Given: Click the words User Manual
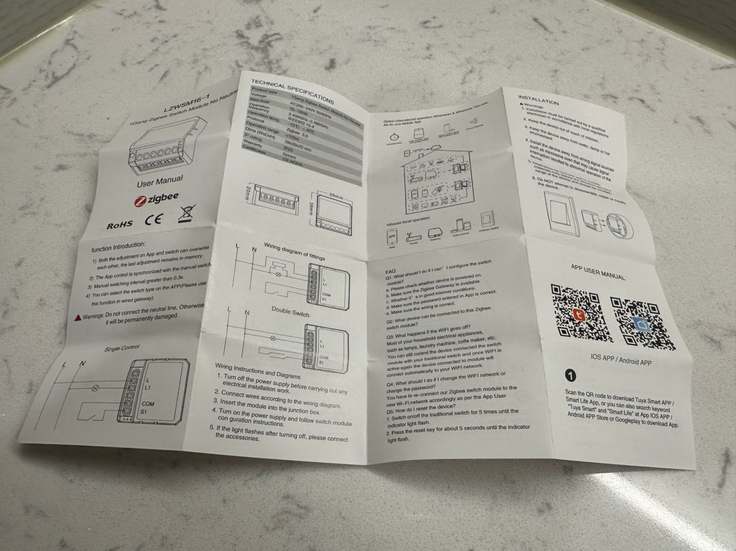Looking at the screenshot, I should pos(160,179).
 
